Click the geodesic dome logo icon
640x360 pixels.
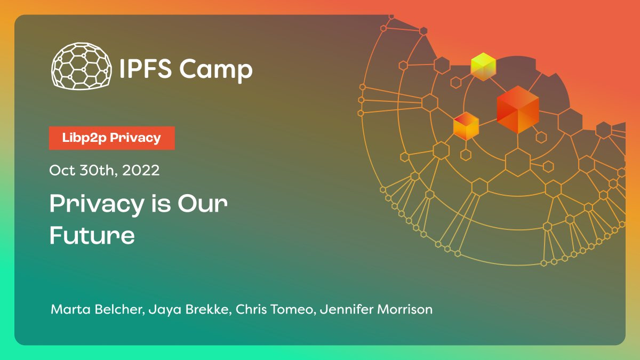(82, 66)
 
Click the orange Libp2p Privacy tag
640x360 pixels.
(111, 138)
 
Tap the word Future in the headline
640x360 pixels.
(92, 235)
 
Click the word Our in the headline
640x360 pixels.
(203, 204)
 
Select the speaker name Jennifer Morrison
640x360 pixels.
(375, 309)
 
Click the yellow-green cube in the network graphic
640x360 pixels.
(483, 67)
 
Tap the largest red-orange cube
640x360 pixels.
(517, 109)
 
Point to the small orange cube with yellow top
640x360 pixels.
(466, 126)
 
